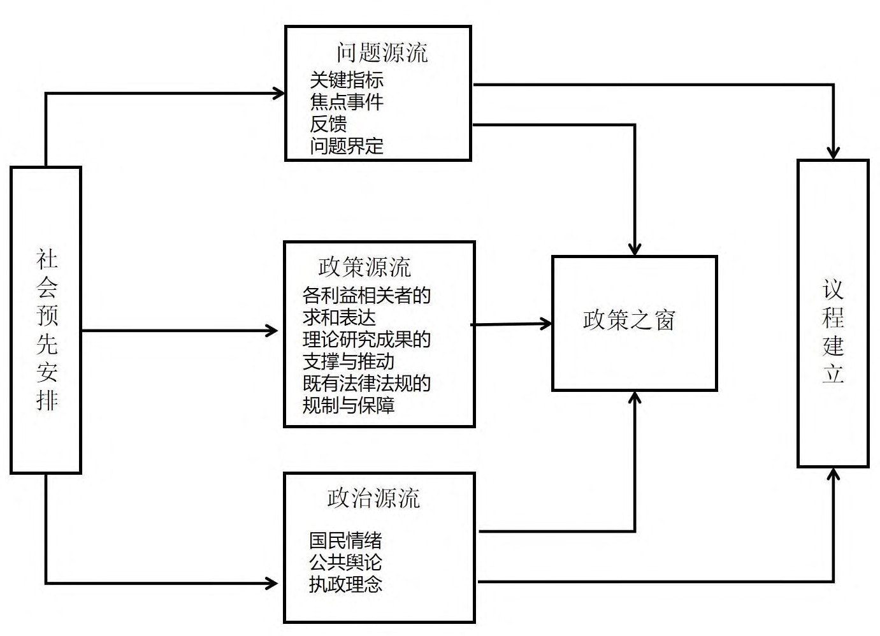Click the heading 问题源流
point(382,52)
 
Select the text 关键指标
point(347,80)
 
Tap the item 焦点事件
point(347,102)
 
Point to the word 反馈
point(328,124)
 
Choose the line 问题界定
point(347,146)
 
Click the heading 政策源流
point(364,267)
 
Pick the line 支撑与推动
point(348,361)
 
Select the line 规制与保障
point(348,405)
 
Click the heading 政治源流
point(373,498)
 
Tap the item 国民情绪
point(345,540)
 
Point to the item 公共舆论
point(345,562)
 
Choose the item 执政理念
point(345,584)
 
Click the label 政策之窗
point(628,320)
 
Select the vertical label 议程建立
point(833,331)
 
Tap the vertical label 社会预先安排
point(47,329)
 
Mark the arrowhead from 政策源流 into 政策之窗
point(547,324)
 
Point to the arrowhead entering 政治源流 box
point(272,582)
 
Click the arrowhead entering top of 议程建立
point(833,154)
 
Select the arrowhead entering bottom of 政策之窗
point(635,398)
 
